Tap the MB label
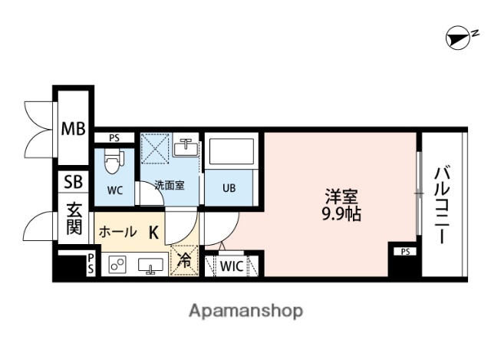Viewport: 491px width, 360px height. click(x=74, y=128)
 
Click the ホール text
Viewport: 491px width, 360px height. click(x=118, y=232)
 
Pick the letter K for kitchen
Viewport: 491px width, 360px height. click(x=153, y=232)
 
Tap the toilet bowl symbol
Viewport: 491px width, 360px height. click(x=114, y=162)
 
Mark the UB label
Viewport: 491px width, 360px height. click(x=229, y=187)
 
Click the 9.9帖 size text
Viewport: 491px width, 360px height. click(x=342, y=214)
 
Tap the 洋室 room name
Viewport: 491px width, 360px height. click(x=342, y=195)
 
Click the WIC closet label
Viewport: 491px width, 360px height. click(x=232, y=266)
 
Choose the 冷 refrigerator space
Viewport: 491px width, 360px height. click(x=185, y=260)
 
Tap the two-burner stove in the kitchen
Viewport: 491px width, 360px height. click(x=117, y=265)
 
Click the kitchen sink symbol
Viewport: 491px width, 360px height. click(x=151, y=266)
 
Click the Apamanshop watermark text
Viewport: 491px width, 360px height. click(x=245, y=311)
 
